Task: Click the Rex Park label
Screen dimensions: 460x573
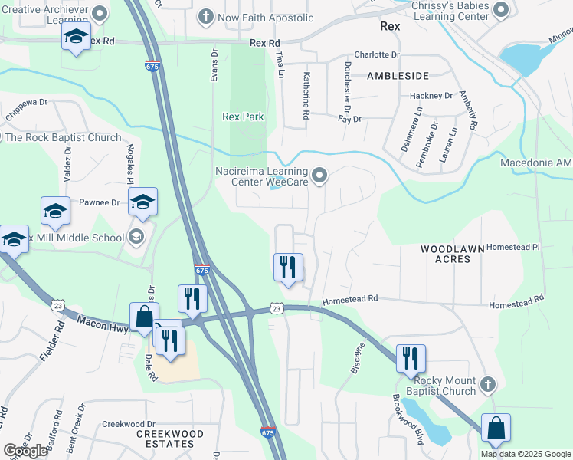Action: pos(243,117)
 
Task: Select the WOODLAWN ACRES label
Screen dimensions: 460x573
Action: pos(445,254)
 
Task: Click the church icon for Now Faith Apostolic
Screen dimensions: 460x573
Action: pos(205,17)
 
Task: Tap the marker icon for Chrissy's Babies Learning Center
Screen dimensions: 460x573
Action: pos(501,10)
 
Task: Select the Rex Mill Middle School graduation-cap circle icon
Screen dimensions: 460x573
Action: pos(136,237)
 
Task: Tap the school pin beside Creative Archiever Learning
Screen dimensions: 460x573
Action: pos(77,38)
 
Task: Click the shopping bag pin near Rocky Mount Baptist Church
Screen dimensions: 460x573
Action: pos(496,428)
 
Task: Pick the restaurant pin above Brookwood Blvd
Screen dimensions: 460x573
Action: pos(411,358)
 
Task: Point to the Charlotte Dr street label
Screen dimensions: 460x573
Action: pos(377,55)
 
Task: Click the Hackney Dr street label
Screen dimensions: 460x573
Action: pos(431,96)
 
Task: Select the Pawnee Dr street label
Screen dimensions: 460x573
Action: pos(100,203)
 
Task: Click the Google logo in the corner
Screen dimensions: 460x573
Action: pos(25,451)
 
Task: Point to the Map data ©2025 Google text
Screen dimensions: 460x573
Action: pos(525,454)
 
